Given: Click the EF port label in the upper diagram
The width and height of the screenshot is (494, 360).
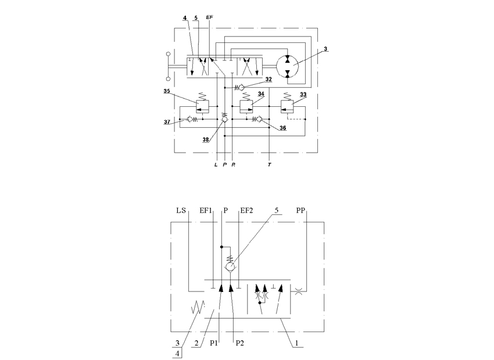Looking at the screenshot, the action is point(209,17).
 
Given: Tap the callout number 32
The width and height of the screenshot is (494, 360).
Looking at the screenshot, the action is point(269,80).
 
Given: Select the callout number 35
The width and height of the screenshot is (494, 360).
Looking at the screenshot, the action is point(167,91).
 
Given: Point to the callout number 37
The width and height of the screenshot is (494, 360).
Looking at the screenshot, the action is point(167,122).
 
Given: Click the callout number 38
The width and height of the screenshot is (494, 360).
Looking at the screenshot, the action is point(206,139).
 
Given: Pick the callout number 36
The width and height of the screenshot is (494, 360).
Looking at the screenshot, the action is point(283,128).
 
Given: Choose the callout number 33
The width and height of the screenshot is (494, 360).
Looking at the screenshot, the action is point(303,95).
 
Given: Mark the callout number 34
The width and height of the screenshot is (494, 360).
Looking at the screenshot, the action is point(261,94).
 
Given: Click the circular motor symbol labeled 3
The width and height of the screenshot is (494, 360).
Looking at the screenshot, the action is point(288,66).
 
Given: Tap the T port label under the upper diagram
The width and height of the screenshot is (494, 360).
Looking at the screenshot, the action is point(269,164).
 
